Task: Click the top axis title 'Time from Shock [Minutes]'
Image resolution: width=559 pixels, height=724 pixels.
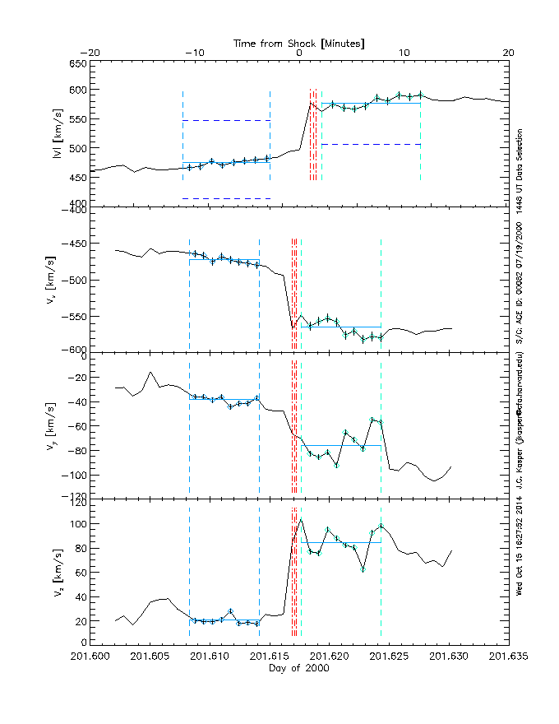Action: tap(299, 42)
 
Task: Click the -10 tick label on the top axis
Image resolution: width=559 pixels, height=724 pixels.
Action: tap(194, 53)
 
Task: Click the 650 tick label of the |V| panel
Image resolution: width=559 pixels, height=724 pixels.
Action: tap(77, 64)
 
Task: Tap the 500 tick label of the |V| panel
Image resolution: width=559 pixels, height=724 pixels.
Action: tap(77, 148)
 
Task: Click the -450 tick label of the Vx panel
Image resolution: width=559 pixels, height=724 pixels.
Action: tap(75, 245)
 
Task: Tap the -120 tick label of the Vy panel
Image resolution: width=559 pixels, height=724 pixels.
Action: tap(75, 498)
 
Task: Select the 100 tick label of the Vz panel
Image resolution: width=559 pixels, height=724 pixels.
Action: tap(77, 524)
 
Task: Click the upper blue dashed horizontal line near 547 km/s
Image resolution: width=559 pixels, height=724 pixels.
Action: tap(226, 120)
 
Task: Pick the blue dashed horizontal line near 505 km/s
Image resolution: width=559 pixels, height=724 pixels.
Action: tap(371, 144)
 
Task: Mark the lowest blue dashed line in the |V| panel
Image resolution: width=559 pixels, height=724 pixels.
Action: tap(226, 198)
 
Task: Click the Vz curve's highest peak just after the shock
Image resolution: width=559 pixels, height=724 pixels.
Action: tap(301, 518)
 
